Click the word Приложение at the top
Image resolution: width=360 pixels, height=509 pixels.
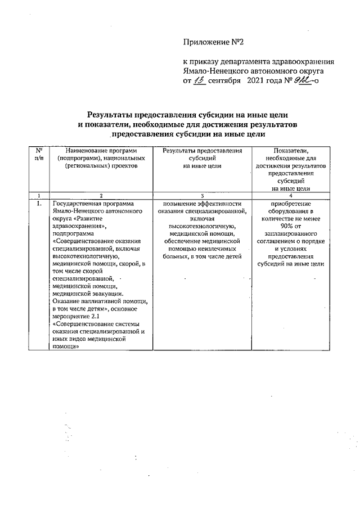(x=206, y=42)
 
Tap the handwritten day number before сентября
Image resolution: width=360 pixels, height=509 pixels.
(x=199, y=80)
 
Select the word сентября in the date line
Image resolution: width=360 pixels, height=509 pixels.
(x=224, y=81)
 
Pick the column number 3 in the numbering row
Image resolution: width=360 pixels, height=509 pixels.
(x=202, y=195)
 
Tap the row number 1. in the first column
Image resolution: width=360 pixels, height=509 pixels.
(x=39, y=204)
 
